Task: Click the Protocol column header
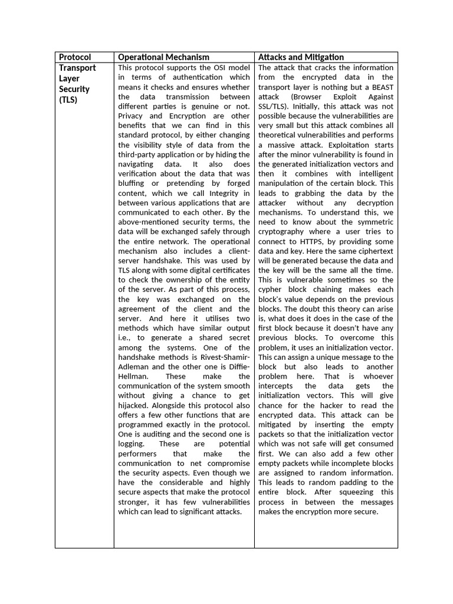coord(75,57)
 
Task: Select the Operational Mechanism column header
coord(163,57)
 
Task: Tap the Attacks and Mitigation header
coord(301,57)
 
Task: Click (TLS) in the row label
coord(68,100)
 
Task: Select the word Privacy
coord(133,116)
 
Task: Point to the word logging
coord(131,444)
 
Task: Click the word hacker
coord(333,405)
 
